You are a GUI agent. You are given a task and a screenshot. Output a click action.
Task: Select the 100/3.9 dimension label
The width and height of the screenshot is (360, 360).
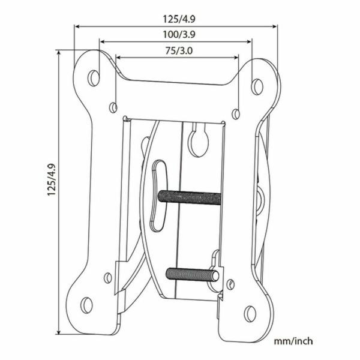tap(176, 35)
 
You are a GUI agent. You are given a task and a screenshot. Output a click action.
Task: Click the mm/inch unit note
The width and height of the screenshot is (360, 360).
tap(293, 341)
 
